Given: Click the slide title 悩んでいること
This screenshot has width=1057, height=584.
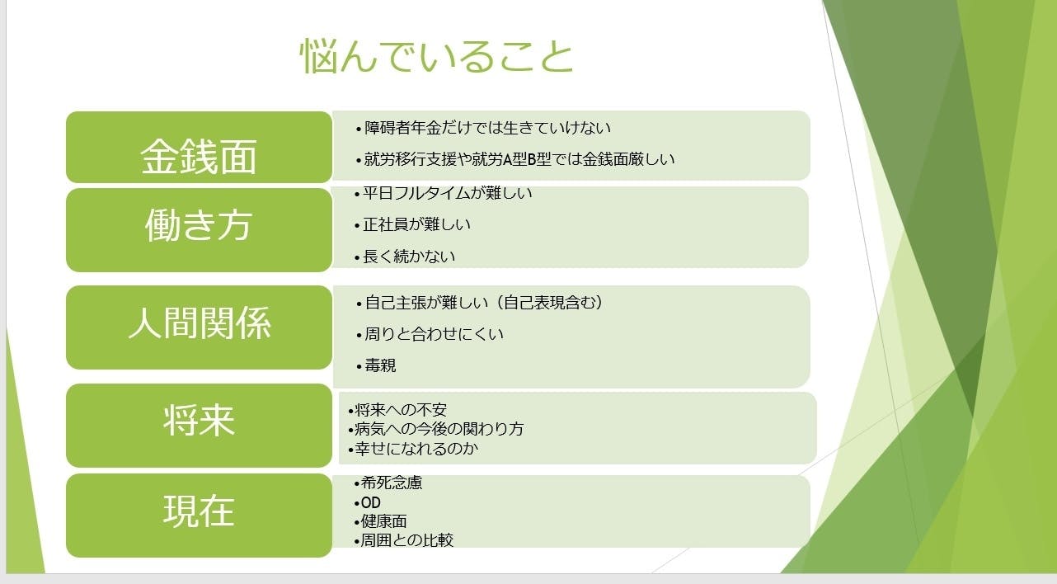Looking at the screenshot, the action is coord(436,56).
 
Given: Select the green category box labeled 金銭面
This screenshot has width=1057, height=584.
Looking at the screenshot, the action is coord(199,147).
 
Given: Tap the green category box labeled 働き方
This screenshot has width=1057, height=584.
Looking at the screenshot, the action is coord(199,230).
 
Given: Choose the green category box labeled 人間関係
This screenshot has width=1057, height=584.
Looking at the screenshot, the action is coord(199,327).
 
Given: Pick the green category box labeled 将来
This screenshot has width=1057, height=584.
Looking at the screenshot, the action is coord(199,426).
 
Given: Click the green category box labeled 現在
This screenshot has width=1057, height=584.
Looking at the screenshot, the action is coord(199,516).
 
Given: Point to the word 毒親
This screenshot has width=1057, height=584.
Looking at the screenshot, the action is coord(380,365).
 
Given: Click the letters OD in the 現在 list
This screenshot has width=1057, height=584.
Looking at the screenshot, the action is coord(370,502).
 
